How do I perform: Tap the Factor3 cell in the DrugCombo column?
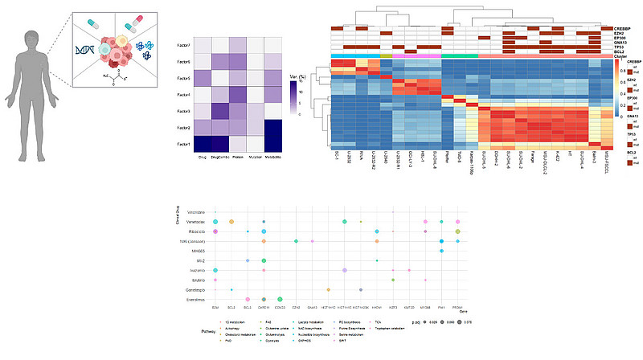coord(219,111)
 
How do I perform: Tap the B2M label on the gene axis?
coord(215,307)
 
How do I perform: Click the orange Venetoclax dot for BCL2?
coord(231,220)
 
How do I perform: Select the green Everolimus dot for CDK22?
coord(280,298)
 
